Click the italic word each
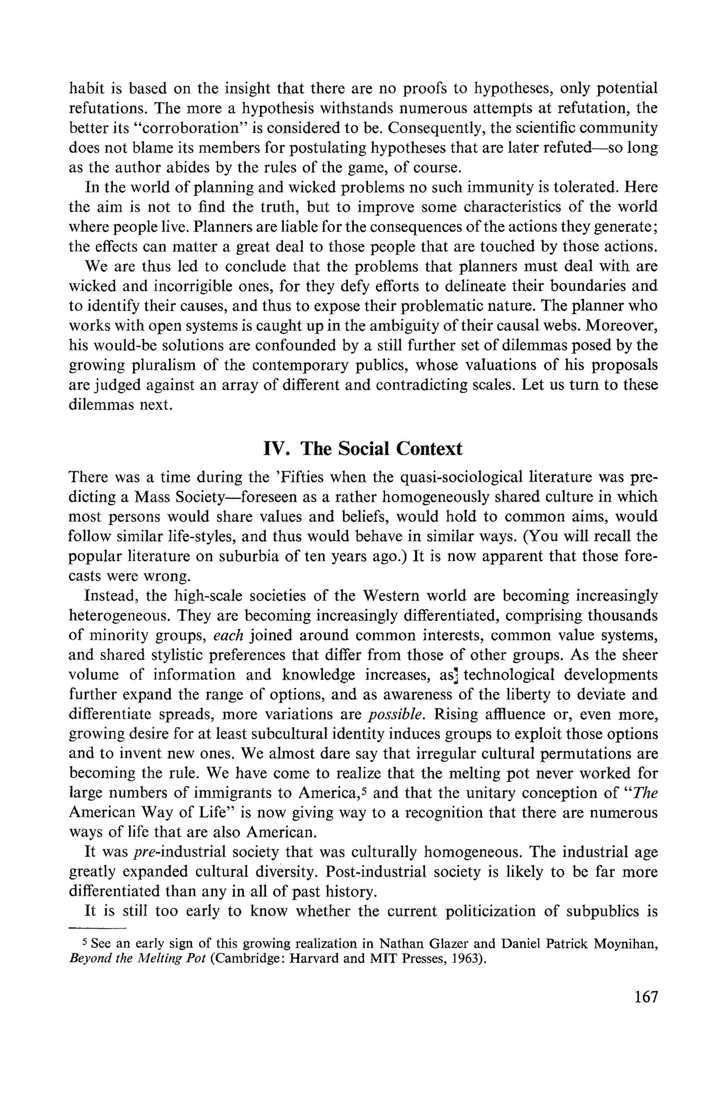click(228, 635)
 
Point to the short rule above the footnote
click(97, 927)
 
